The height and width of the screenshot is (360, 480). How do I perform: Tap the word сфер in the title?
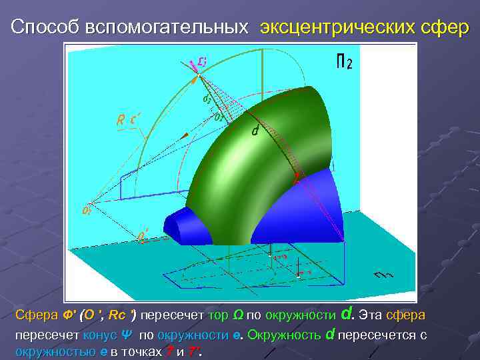pyautogui.click(x=437, y=27)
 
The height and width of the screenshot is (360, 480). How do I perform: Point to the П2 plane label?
pyautogui.click(x=343, y=63)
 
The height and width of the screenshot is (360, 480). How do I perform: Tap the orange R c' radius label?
pyautogui.click(x=127, y=121)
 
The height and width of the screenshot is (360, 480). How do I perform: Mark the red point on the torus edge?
pyautogui.click(x=297, y=179)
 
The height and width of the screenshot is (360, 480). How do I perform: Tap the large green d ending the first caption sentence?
pyautogui.click(x=346, y=313)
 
